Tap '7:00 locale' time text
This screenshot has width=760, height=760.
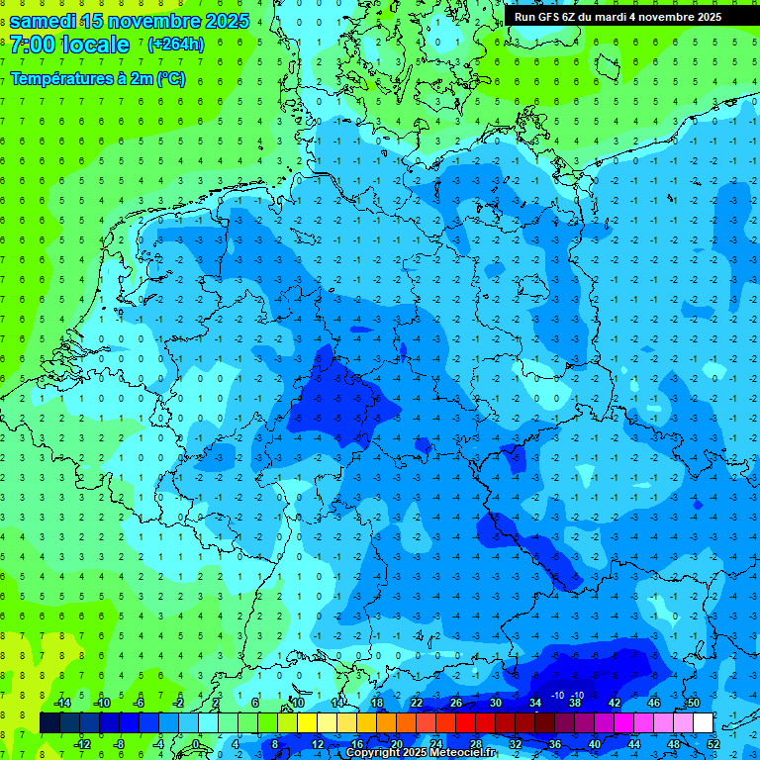click(69, 45)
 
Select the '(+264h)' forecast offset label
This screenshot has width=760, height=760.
click(175, 44)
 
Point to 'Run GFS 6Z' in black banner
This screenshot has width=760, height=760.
click(549, 17)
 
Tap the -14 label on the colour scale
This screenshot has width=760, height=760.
click(64, 702)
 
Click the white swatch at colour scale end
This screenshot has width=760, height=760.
click(703, 722)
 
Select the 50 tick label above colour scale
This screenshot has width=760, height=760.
click(693, 702)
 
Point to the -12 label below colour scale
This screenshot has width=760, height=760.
click(82, 743)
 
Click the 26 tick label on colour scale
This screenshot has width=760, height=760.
click(456, 702)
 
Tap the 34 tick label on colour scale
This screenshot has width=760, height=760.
click(535, 702)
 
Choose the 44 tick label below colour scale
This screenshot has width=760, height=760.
click(633, 743)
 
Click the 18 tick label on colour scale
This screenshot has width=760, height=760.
click(377, 702)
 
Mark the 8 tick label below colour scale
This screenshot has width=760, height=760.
click(275, 743)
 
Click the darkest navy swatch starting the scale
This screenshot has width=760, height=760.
click(49, 722)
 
